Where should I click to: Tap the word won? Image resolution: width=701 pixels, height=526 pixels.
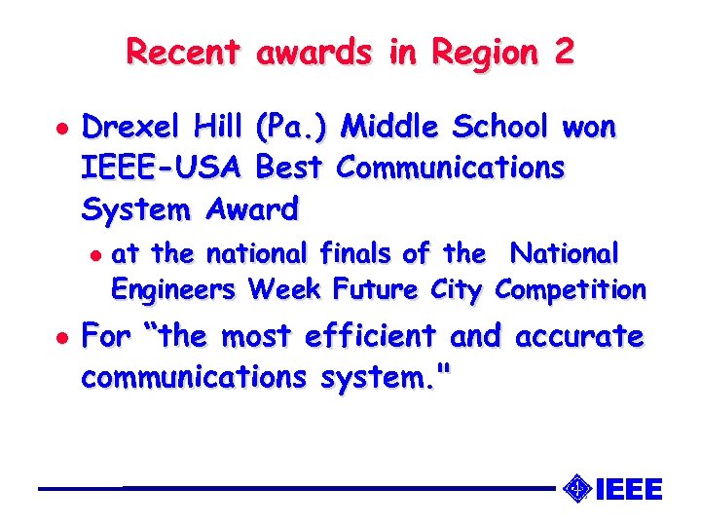(x=589, y=128)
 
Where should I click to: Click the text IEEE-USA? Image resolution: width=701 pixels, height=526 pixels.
(x=163, y=168)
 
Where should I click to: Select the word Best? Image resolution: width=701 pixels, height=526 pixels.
(x=289, y=168)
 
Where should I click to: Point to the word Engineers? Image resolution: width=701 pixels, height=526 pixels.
(x=173, y=289)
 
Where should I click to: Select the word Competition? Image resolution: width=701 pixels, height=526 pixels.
(x=571, y=289)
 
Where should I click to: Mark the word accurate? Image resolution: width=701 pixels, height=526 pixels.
(x=579, y=337)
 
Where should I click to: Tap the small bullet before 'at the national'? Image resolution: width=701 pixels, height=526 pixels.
(x=93, y=254)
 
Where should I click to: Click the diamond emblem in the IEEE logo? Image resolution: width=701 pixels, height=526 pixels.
(x=577, y=488)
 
